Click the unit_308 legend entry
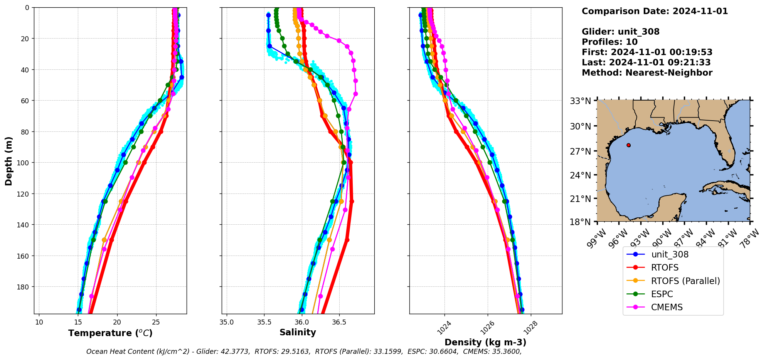(670, 254)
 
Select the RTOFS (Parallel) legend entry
(685, 281)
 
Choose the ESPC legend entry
(662, 294)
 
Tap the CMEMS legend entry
(667, 307)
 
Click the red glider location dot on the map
(628, 145)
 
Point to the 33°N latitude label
(580, 101)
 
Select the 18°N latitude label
(580, 222)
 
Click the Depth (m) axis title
(8, 161)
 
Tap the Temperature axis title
(110, 333)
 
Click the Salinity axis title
(298, 332)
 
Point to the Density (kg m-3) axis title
(485, 342)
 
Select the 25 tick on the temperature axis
(156, 322)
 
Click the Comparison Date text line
(655, 11)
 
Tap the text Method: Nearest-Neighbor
(647, 72)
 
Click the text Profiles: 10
(609, 42)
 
